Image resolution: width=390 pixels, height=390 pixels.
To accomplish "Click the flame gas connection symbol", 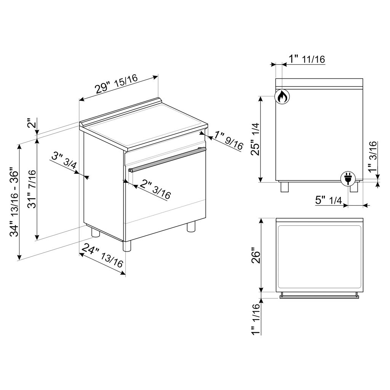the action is pos(282,96).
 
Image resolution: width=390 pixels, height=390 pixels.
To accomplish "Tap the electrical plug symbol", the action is pos(348,178).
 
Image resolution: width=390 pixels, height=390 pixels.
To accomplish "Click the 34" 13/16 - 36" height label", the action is pos(14,203).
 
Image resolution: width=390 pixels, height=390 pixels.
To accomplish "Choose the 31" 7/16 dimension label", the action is pos(32,189).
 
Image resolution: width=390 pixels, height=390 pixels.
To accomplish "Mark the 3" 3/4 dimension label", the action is pos(64,161).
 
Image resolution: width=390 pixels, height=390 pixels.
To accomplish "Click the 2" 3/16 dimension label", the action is pos(155,190).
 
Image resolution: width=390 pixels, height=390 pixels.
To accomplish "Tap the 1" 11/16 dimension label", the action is pos(307,59).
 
